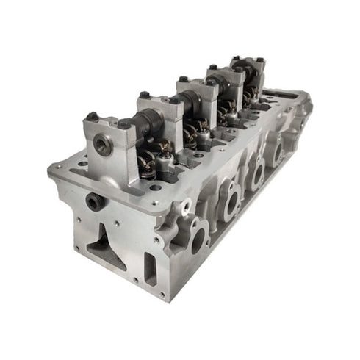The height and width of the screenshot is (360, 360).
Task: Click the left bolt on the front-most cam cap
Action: point(93,116)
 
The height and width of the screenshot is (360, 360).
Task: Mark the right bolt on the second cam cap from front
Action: point(173,99)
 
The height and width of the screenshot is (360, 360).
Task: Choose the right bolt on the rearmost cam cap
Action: point(259,60)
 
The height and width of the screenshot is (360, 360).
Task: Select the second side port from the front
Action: point(230,200)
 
